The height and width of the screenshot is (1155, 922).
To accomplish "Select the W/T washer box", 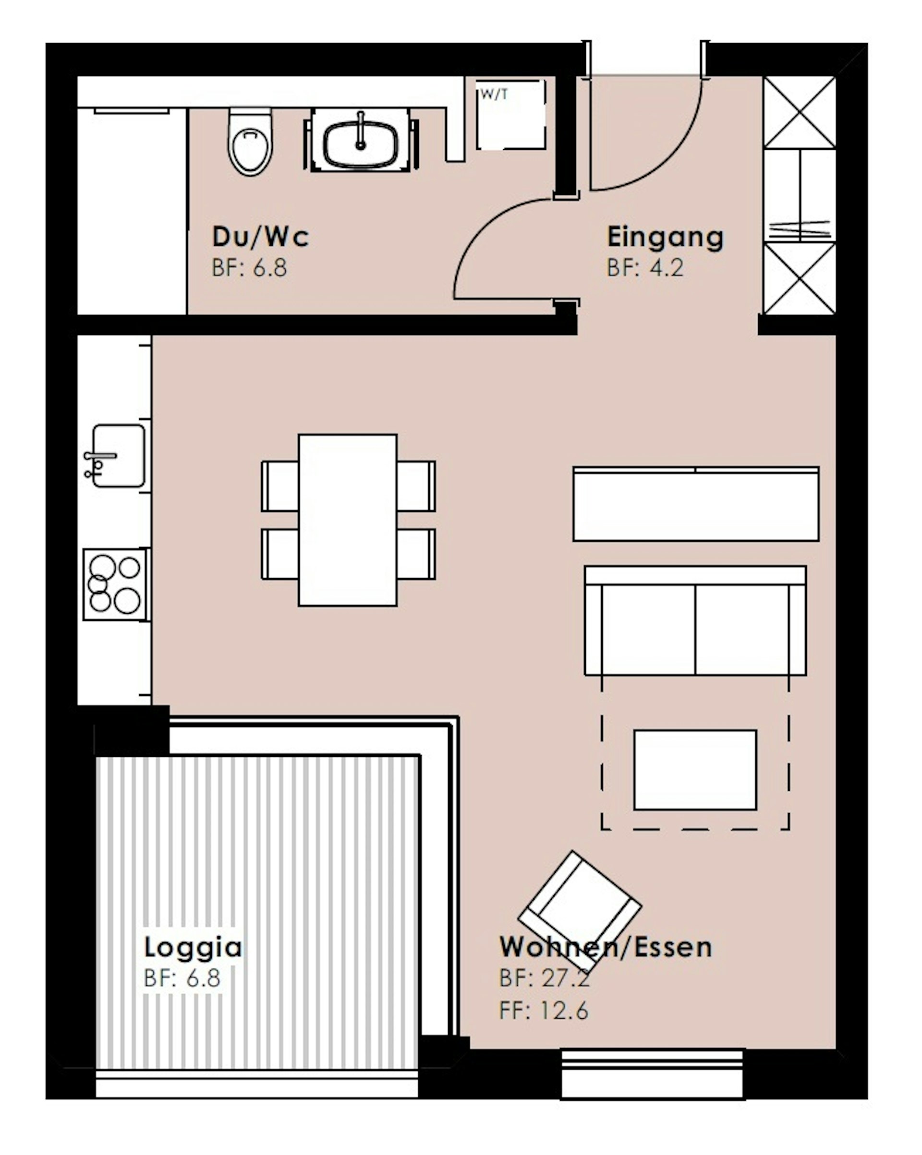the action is point(511,115).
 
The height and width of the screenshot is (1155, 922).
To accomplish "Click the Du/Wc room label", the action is point(261,237).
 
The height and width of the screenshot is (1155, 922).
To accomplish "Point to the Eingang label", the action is point(665,238).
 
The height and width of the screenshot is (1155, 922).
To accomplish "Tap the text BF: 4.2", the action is point(645,268).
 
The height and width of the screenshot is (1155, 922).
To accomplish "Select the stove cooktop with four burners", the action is point(116,584).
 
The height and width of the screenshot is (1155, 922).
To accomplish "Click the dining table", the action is point(347,520).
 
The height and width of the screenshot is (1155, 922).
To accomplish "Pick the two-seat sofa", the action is point(695,621).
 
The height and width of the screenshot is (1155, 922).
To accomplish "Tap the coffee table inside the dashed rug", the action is point(695,770).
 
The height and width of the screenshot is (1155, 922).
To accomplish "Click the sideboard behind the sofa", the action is point(696,504).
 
